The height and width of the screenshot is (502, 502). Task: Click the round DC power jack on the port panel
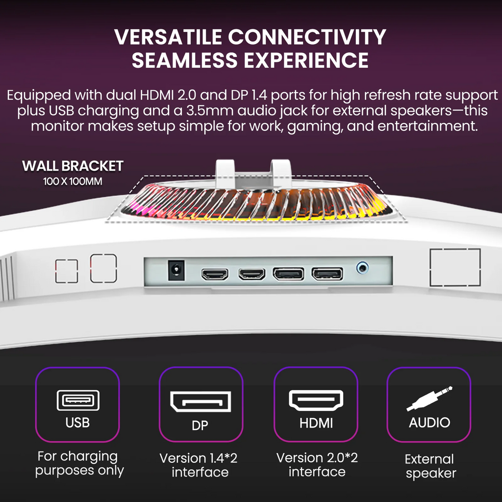176,270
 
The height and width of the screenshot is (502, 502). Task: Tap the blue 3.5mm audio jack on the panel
362,268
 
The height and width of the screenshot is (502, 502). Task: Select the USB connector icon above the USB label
78,400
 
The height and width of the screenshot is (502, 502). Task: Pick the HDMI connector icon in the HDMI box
316,400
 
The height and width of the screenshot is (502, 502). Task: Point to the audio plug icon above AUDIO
429,399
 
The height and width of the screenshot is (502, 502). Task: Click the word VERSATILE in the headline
168,37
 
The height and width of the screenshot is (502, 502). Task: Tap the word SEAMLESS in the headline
185,60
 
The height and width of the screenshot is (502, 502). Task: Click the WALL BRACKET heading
73,166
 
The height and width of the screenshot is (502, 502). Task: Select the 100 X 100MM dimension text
73,181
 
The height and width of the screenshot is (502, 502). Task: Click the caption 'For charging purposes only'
79,463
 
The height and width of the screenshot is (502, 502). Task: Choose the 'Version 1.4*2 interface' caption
199,465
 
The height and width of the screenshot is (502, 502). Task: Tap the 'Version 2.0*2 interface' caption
317,465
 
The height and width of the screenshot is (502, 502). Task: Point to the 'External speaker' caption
430,466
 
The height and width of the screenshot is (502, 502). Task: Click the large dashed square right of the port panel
455,267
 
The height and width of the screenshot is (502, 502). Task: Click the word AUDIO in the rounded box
429,423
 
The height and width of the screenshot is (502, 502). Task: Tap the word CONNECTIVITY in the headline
307,37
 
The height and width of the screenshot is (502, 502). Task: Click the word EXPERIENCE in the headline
306,60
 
